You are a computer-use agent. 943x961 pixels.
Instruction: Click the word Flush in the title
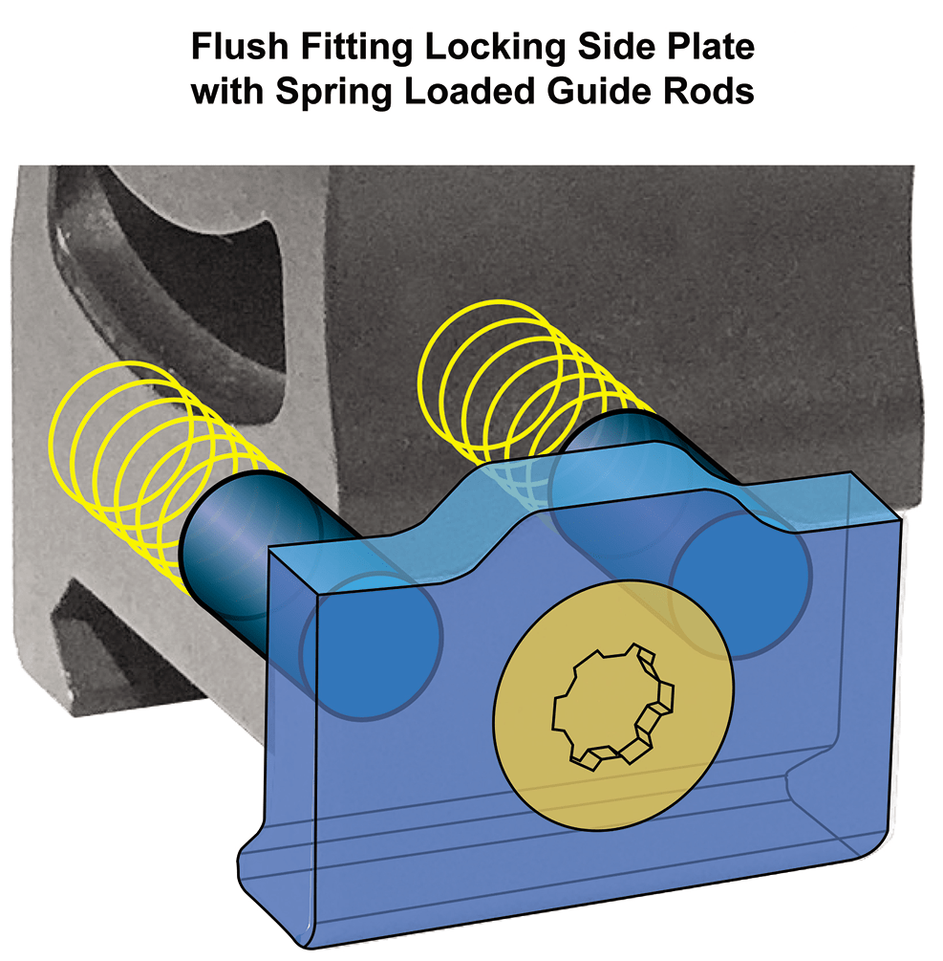point(240,47)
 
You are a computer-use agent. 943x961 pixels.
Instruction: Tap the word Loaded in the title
point(469,92)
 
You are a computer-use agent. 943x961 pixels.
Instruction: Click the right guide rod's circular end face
point(741,585)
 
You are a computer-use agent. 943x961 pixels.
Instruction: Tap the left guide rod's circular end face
point(371,646)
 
